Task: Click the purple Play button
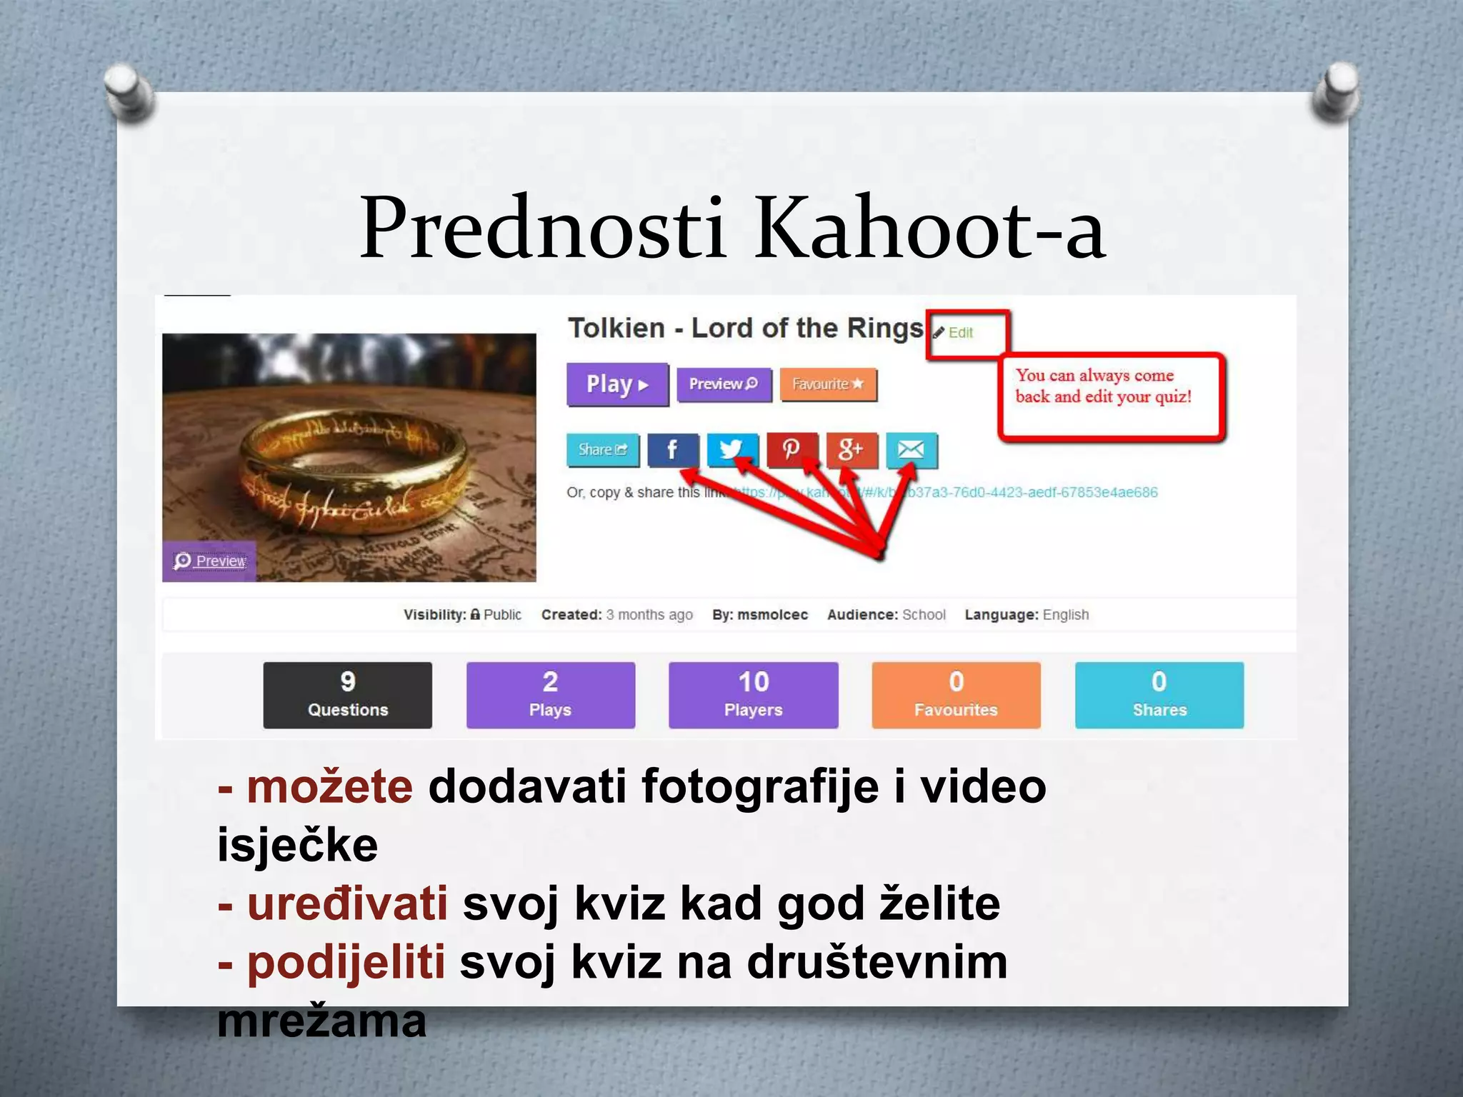pos(617,384)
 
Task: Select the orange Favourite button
pos(828,384)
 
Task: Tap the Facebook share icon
pos(672,450)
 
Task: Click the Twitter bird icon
pos(731,450)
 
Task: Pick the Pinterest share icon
pos(791,450)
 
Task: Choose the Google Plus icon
pos(851,450)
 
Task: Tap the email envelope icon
pos(911,450)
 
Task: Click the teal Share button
pos(602,450)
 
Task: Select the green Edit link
pos(959,333)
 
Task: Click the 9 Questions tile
pos(347,695)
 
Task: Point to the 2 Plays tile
pos(550,695)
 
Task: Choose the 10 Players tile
pos(753,695)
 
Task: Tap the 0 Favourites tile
pos(956,695)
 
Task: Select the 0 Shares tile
pos(1159,695)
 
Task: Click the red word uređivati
pos(347,903)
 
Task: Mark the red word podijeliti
pos(346,962)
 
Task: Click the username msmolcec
pos(772,615)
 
